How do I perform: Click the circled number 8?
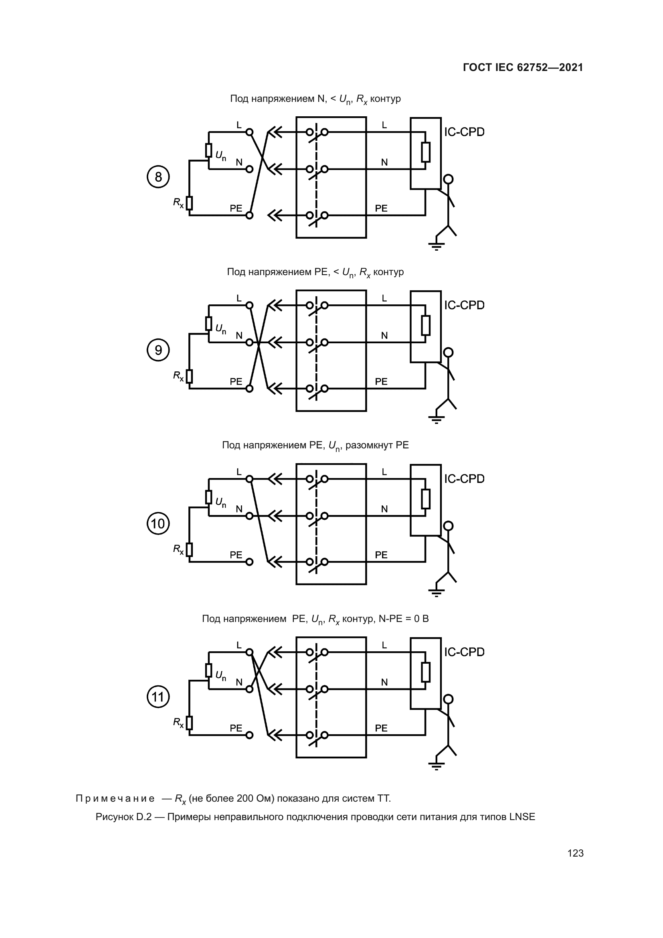158,177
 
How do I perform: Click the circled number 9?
158,350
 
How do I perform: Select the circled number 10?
158,523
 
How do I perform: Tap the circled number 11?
158,697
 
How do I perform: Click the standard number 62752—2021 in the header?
550,67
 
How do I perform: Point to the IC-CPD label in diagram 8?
464,132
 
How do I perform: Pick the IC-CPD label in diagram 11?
464,652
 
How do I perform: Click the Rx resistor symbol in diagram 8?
189,203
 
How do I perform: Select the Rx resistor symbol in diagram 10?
189,549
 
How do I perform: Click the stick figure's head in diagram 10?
448,525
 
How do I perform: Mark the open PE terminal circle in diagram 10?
249,562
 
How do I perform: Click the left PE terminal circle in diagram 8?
249,215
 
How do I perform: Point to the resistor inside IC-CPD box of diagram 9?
425,325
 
